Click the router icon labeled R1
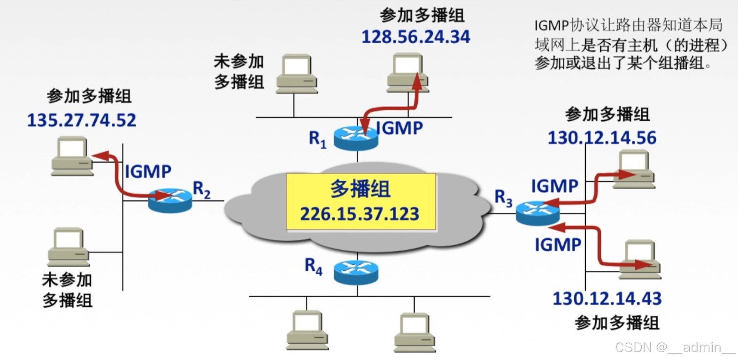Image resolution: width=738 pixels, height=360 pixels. click(x=356, y=137)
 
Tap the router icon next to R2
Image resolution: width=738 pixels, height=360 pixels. click(x=170, y=200)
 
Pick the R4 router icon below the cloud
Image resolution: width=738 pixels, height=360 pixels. click(x=356, y=272)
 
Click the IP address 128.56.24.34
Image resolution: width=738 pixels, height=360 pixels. click(x=415, y=37)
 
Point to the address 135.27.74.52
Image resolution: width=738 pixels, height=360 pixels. click(x=82, y=120)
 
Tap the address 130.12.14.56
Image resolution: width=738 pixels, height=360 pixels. click(x=602, y=138)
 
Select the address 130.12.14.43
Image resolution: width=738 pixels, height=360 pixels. click(x=607, y=299)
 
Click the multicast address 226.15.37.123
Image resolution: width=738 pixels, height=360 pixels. click(x=360, y=214)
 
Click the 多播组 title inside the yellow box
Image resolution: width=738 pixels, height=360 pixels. click(x=360, y=189)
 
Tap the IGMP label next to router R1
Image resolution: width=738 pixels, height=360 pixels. click(x=400, y=128)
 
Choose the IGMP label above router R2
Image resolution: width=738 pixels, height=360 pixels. click(x=148, y=171)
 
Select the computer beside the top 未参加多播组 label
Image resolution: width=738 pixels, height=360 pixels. click(x=297, y=74)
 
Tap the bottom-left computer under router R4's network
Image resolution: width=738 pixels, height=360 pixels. click(x=307, y=329)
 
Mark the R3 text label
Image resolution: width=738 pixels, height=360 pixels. click(x=503, y=198)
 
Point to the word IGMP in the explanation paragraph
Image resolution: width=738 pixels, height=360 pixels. click(x=551, y=25)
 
